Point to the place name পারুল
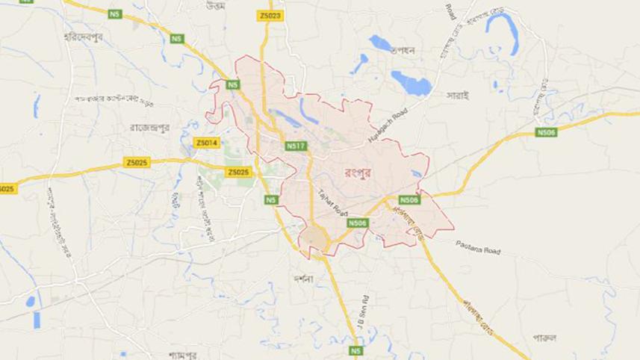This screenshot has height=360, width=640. (x=544, y=336)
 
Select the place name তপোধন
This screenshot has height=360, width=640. (x=410, y=49)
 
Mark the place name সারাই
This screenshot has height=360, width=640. (x=457, y=96)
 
